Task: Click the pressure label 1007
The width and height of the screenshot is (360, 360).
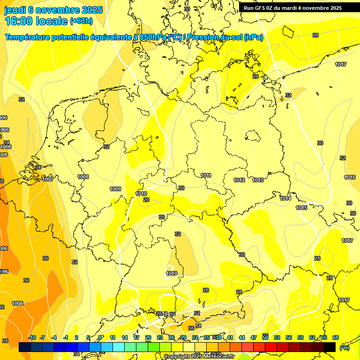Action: (x=48, y=179)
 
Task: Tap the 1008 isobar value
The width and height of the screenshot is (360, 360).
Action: (x=83, y=177)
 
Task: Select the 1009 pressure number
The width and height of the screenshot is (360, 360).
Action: (x=115, y=189)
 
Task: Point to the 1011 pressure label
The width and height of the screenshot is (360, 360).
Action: (x=206, y=175)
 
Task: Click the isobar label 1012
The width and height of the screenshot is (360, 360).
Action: (x=239, y=180)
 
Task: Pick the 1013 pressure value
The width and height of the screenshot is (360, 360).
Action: (x=258, y=180)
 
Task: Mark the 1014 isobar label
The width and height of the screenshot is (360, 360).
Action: (x=285, y=198)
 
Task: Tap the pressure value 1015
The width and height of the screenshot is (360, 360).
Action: (x=301, y=208)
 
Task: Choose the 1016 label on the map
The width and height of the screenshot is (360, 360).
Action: (x=350, y=177)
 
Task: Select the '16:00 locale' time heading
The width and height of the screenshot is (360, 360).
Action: (x=36, y=21)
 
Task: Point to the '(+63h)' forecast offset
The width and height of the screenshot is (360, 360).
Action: (x=81, y=21)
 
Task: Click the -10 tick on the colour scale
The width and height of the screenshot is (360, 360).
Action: (x=32, y=337)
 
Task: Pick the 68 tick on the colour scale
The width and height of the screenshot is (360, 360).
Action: (x=336, y=337)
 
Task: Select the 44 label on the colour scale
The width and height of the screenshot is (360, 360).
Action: (x=242, y=337)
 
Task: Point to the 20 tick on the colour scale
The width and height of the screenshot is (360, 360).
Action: (x=148, y=337)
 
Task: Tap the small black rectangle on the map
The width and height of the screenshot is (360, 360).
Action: (x=253, y=136)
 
